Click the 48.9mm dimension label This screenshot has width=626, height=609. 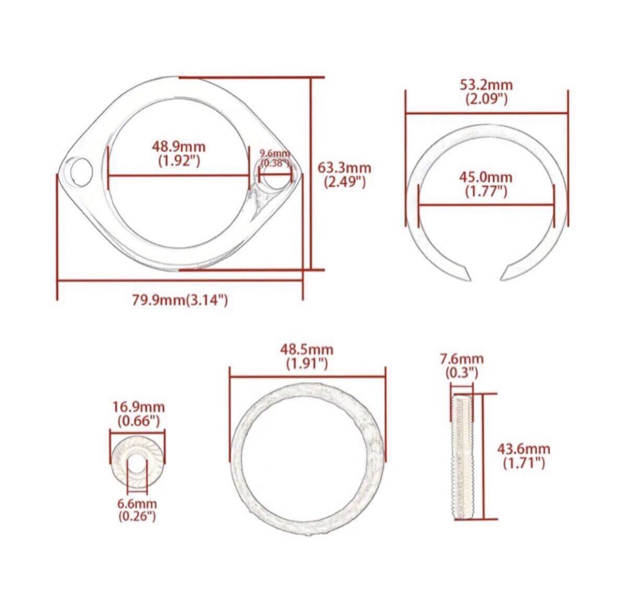pos(178,147)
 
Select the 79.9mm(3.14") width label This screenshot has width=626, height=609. pos(180,300)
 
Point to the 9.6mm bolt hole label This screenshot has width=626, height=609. pos(275,153)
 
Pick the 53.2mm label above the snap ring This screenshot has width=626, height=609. pos(486,85)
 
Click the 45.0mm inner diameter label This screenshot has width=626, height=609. pos(486,177)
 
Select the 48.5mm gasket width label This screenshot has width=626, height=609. pos(307,350)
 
